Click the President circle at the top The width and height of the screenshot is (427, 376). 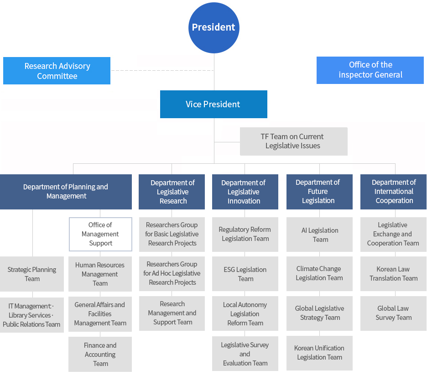213,27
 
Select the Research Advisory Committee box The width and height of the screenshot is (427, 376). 57,71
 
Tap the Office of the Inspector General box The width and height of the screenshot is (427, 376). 370,70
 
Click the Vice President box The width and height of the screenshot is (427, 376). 213,104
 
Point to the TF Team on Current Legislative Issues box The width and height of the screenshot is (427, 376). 293,141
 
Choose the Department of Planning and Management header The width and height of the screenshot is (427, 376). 66,192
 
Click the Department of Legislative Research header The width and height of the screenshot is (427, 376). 172,192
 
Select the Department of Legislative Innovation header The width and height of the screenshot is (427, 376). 245,192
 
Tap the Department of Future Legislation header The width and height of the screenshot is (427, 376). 319,192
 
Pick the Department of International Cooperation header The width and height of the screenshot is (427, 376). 393,192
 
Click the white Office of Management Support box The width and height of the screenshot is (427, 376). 100,234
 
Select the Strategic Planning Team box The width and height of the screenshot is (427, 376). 32,274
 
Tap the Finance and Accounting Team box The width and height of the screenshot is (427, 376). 100,354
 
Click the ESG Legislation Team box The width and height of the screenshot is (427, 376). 245,274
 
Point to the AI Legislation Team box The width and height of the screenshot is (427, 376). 319,235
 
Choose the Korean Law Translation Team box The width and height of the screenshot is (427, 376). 393,274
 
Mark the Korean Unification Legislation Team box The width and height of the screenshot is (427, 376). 319,353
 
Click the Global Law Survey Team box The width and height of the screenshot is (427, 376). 393,313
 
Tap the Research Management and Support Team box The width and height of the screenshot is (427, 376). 172,313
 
